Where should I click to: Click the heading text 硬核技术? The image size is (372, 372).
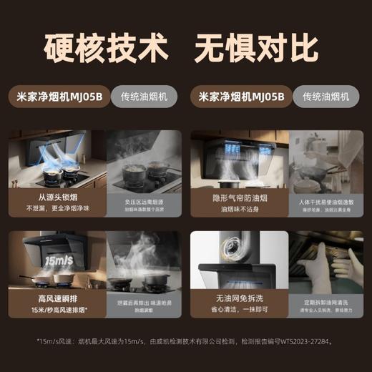106,49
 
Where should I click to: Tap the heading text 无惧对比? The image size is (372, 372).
256,49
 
